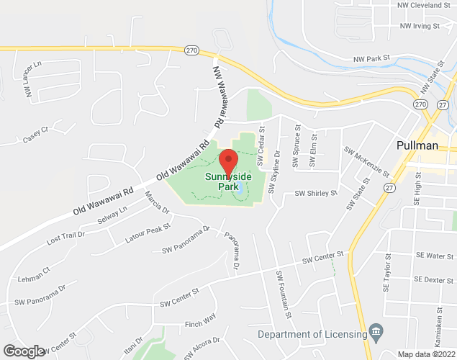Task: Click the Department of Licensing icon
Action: click(375, 332)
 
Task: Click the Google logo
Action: click(23, 351)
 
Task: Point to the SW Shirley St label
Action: click(316, 194)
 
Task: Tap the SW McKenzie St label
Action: click(367, 163)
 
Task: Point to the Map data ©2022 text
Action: click(427, 354)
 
